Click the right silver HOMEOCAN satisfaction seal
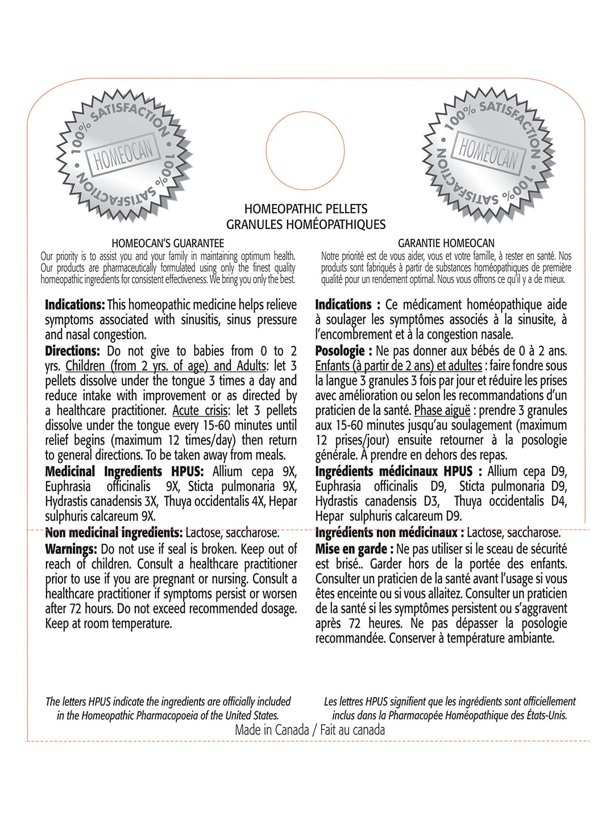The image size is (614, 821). coord(489,154)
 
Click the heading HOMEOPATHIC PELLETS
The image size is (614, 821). coord(306,209)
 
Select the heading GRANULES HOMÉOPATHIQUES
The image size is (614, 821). coord(306,224)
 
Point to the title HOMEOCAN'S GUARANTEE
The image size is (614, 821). coord(168,243)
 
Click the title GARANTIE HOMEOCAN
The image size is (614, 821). coord(446,243)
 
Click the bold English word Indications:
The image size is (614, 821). coord(75,305)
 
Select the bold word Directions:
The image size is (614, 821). coord(72,351)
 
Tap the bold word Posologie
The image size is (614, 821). coord(340,351)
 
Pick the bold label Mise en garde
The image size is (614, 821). coord(351,549)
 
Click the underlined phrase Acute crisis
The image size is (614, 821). coord(201,410)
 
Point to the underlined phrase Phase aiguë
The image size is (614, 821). coord(442,410)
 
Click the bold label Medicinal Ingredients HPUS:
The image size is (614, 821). coord(124,472)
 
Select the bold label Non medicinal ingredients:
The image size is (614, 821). coord(114,533)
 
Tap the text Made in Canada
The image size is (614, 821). coord(272,730)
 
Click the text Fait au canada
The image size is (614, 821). coord(352,730)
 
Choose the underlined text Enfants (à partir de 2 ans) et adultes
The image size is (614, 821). coord(399,366)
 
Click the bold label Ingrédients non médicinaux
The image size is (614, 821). coord(387,533)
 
